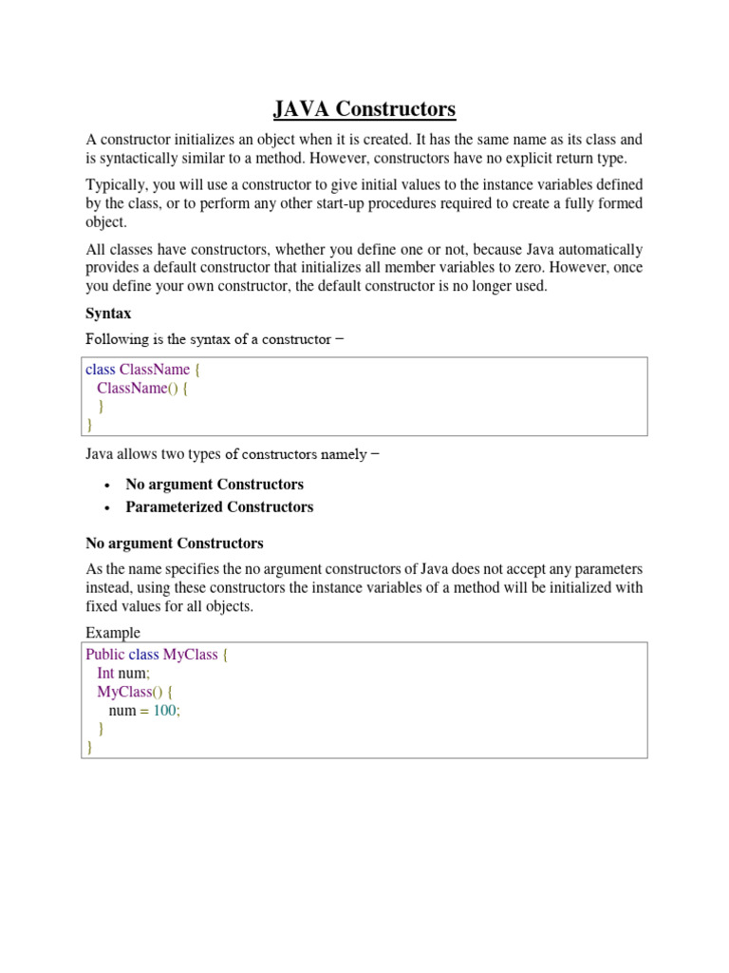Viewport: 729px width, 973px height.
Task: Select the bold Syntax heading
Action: coord(108,313)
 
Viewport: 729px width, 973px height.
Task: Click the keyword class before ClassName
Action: coord(101,370)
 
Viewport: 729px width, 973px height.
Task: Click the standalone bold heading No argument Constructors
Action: coord(175,544)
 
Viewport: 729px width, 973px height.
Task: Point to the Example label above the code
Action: coord(112,633)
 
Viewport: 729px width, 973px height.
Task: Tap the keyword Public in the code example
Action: coord(104,656)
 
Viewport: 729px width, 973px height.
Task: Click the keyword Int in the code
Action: coord(105,674)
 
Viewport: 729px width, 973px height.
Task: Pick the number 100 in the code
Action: coord(165,711)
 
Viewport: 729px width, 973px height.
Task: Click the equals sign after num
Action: coord(144,711)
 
